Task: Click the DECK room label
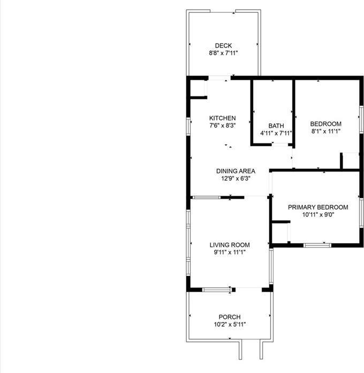tap(223, 46)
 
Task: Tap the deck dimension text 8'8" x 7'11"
tap(223, 53)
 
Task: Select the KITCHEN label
tap(222, 118)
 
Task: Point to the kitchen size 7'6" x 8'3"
tap(222, 125)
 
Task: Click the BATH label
tap(276, 126)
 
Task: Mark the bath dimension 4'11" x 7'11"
tap(276, 133)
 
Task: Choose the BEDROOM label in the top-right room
tap(326, 124)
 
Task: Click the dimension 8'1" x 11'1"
tap(326, 131)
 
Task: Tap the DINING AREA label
tap(231, 171)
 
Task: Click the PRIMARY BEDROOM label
tap(318, 207)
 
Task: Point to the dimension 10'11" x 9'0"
tap(318, 214)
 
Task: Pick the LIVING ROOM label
tap(229, 245)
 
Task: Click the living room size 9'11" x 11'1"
tap(229, 252)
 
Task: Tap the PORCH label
tap(229, 317)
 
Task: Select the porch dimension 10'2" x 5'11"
tap(229, 324)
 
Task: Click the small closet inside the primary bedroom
tap(280, 233)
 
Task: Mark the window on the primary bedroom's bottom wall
tap(317, 245)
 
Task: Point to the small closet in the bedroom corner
tap(351, 161)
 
